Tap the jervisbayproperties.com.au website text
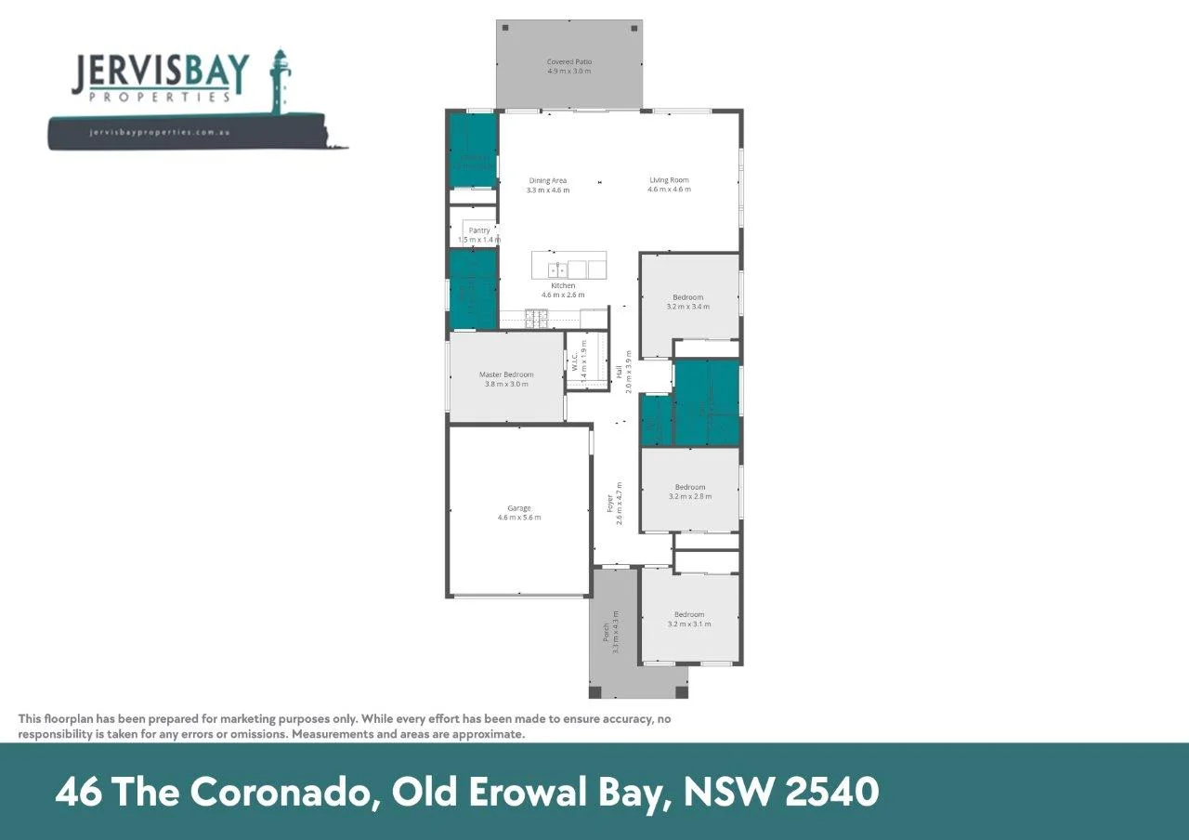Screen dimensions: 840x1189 point(160,133)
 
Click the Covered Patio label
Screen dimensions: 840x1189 point(568,62)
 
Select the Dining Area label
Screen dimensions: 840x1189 point(547,180)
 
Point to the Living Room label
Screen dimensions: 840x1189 point(669,180)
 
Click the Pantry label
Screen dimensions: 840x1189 point(479,230)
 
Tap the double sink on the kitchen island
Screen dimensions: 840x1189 point(557,269)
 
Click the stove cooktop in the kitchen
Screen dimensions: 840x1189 point(537,318)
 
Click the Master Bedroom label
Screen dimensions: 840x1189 point(506,374)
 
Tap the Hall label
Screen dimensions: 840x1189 point(620,372)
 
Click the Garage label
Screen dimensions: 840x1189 point(518,508)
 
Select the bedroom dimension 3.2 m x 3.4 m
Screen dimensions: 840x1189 point(688,306)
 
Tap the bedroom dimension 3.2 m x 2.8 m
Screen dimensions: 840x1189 point(689,496)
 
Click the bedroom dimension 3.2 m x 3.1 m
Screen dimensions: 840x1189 point(689,623)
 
